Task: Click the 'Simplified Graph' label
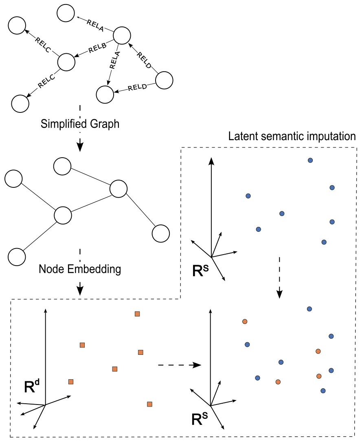80,124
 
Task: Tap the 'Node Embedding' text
80,269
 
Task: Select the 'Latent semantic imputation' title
292,136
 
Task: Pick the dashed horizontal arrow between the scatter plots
179,365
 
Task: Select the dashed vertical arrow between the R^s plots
279,277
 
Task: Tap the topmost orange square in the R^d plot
137,314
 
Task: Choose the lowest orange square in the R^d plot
149,404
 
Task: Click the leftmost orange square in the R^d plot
71,382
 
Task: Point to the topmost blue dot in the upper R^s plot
310,161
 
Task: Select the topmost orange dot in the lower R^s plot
245,321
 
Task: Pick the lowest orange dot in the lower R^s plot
278,382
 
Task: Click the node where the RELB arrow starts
121,35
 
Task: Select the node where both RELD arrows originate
165,80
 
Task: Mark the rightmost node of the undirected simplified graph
160,233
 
